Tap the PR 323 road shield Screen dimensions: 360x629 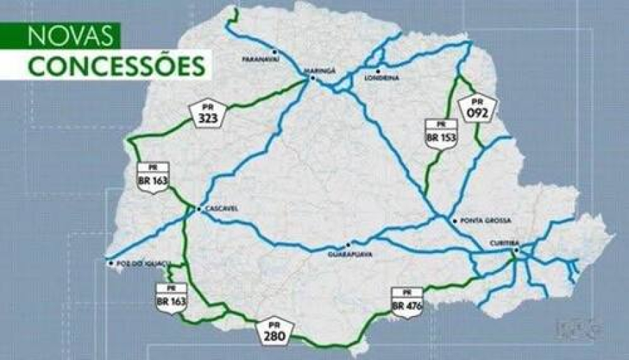[207, 113]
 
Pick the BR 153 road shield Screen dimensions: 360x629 [441, 132]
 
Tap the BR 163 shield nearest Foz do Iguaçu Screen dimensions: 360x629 [171, 297]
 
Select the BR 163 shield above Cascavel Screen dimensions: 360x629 [153, 177]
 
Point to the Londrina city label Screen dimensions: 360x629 [382, 78]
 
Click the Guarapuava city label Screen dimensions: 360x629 [349, 254]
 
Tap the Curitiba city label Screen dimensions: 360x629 [504, 243]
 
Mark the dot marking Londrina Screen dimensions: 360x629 [377, 71]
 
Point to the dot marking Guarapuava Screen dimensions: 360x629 [348, 245]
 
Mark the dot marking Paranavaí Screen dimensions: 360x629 [275, 52]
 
